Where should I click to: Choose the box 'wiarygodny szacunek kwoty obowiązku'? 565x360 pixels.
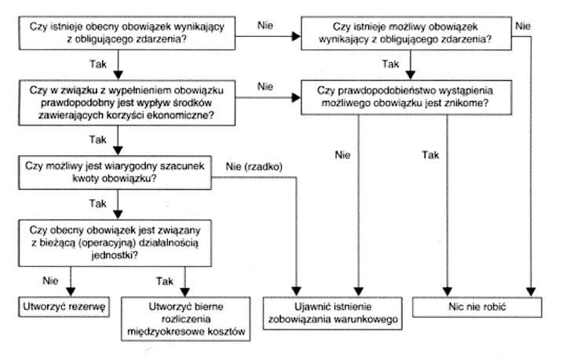(x=117, y=170)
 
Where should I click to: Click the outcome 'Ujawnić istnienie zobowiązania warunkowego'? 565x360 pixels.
(x=340, y=309)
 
